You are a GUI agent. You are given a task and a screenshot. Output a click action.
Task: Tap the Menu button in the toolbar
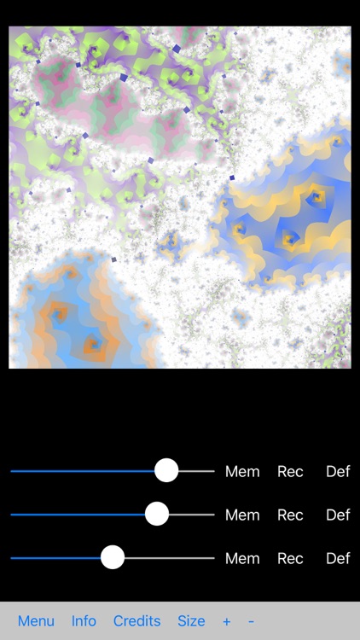36,621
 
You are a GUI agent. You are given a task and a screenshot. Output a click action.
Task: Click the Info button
84,621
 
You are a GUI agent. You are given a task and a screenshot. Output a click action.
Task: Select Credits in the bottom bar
136,621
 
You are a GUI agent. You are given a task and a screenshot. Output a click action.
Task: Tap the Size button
191,621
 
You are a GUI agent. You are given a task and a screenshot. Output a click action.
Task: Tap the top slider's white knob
166,470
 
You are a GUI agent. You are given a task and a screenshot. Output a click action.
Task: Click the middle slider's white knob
157,514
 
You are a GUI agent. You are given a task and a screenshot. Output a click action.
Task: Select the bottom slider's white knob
113,557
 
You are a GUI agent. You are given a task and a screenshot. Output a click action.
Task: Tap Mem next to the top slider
242,471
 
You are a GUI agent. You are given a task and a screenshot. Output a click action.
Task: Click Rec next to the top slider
290,471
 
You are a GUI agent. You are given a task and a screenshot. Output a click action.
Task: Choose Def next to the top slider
338,471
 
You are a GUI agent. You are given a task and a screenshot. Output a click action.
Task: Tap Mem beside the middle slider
242,515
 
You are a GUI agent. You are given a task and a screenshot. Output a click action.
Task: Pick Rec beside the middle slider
290,515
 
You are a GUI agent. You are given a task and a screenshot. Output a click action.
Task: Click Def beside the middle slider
338,515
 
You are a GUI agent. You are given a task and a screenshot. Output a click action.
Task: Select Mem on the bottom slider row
242,558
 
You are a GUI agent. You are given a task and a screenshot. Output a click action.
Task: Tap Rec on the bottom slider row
290,558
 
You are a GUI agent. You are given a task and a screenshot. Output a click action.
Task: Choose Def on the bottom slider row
338,558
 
